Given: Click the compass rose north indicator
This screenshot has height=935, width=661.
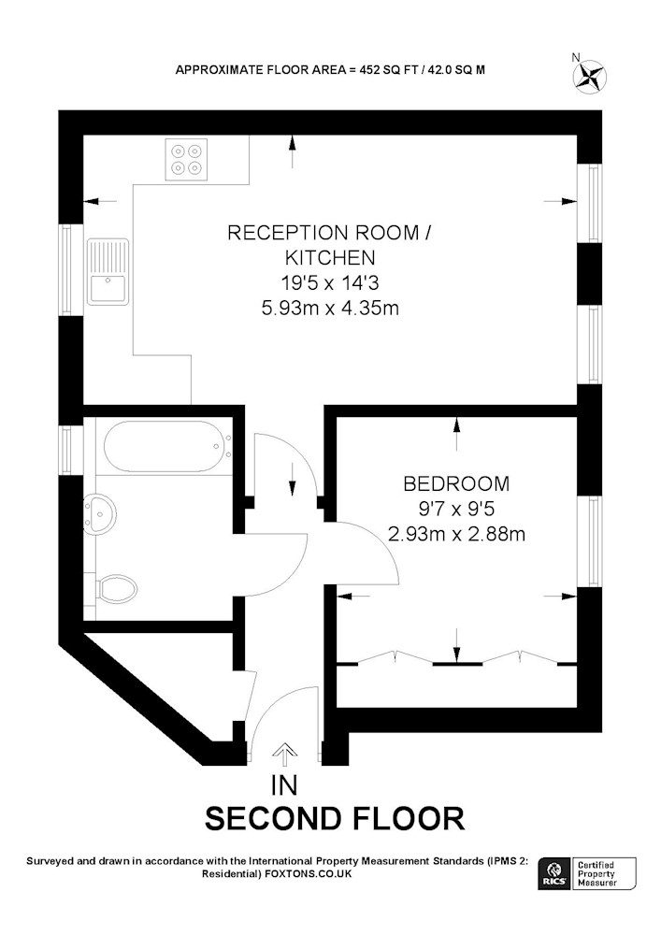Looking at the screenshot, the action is (589, 77).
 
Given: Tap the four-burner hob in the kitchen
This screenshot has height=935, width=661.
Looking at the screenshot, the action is (187, 159).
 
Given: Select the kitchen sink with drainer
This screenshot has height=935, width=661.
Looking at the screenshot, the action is (108, 272).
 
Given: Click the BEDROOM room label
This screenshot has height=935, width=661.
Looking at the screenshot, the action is (456, 483).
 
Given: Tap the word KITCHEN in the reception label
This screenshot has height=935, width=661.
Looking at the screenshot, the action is (330, 258).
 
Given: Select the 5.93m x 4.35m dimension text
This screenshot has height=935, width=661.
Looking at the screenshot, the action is (330, 308).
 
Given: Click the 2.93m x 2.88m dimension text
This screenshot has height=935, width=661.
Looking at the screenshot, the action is (456, 533).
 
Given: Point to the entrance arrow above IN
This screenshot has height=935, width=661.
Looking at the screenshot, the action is (285, 755).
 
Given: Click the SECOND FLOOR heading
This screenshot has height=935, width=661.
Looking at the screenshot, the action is (335, 818).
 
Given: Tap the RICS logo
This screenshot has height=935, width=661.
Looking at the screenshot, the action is (553, 874).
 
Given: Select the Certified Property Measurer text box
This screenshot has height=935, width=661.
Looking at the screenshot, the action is (603, 874).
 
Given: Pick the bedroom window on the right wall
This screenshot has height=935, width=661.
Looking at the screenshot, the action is (593, 540).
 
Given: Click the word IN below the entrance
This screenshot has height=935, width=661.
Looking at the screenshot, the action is (284, 785).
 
